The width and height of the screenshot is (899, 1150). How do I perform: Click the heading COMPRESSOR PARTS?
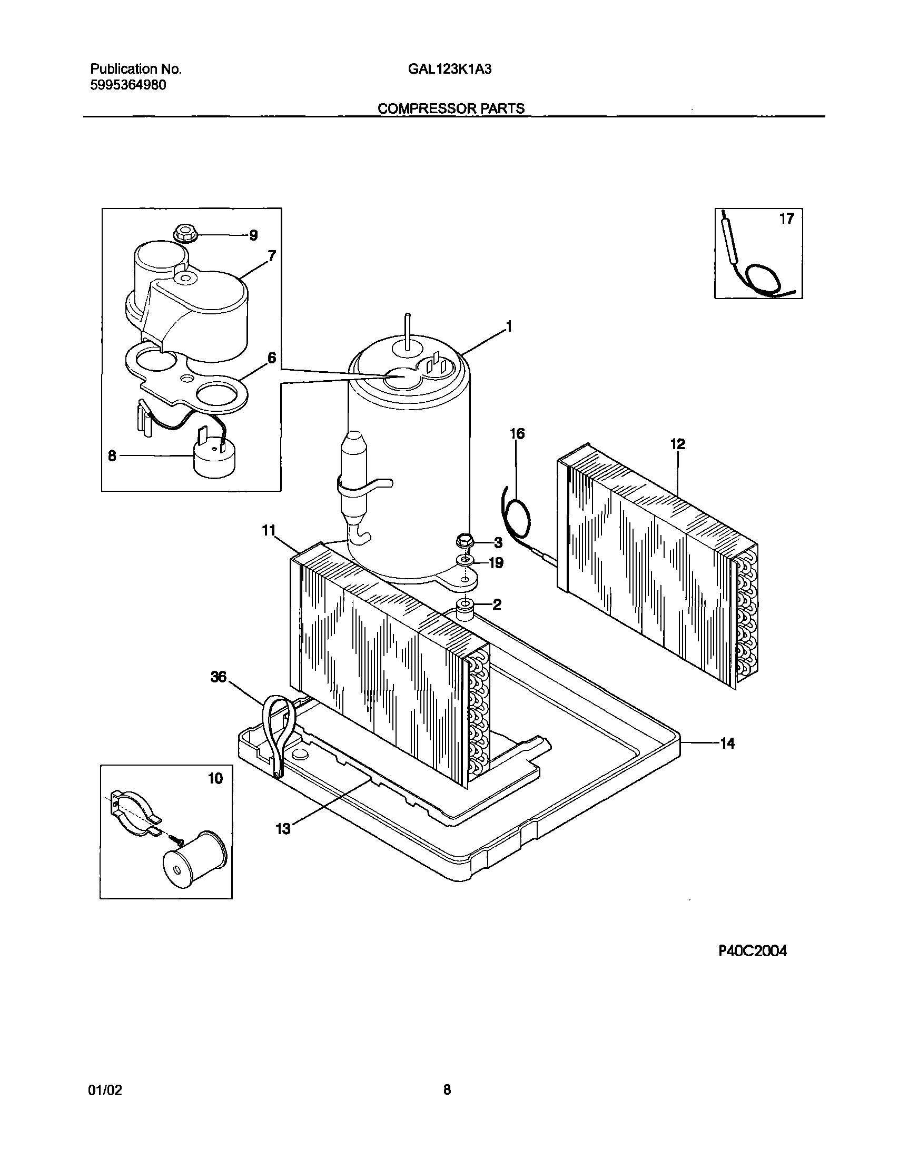tap(451, 108)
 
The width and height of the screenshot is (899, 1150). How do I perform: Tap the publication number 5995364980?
tap(128, 85)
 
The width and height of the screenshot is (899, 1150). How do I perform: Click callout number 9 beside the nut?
tap(253, 235)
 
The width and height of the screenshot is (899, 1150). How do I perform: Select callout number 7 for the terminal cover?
tap(271, 257)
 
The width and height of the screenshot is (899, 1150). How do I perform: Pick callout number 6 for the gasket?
tap(271, 358)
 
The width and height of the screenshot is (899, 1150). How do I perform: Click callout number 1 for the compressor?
tap(509, 327)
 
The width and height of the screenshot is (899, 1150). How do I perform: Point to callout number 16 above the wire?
tap(517, 434)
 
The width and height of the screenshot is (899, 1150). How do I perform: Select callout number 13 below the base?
tap(283, 829)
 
